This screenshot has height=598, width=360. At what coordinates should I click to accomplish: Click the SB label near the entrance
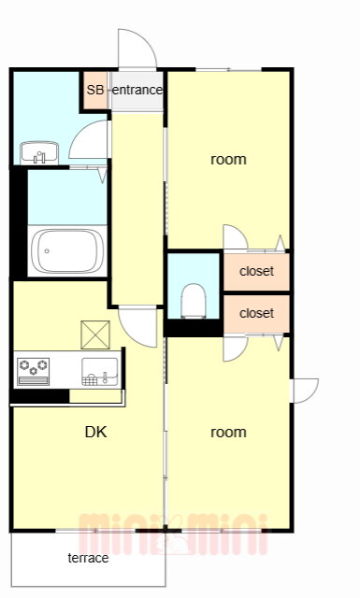point(95,90)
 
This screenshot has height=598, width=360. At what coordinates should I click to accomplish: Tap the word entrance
point(137,90)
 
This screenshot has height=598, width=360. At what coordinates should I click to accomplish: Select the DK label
point(95,432)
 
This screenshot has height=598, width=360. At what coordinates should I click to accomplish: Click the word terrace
point(88,558)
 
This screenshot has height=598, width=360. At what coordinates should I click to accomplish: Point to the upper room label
point(228,160)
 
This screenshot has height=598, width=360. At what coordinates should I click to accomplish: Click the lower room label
point(228,433)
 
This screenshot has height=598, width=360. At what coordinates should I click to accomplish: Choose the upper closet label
point(256,271)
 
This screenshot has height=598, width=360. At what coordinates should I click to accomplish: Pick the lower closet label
point(256,313)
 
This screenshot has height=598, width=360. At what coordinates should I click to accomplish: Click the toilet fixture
point(194,301)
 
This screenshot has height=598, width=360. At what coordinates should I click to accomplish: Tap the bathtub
point(67,250)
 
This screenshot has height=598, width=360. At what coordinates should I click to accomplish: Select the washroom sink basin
point(39,153)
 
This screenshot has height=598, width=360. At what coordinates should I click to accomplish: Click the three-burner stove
point(34,371)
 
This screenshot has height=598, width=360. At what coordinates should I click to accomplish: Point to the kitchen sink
point(100,372)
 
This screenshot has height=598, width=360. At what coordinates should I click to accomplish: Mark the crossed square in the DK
point(95,335)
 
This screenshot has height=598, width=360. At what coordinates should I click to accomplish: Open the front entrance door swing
point(137,49)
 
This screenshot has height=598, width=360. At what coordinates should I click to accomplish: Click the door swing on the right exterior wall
point(306,391)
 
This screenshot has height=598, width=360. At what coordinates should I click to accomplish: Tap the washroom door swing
point(89,139)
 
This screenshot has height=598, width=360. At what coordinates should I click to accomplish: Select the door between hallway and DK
point(137,327)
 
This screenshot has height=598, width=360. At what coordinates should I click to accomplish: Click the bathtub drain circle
point(47,251)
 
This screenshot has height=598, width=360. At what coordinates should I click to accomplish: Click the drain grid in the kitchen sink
point(90,380)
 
